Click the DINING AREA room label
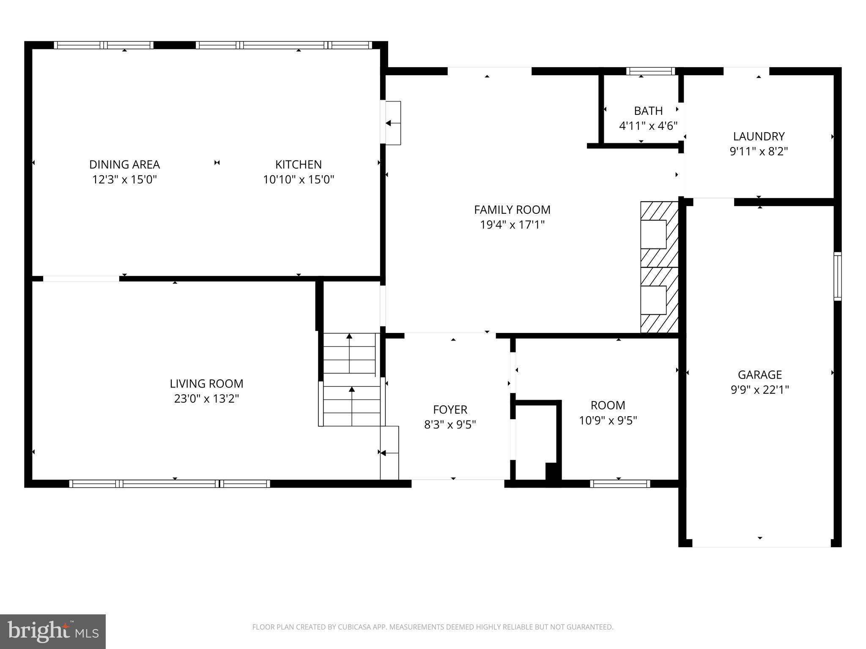[124, 164]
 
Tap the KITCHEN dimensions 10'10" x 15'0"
[299, 180]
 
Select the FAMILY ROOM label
[512, 210]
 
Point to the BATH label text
[648, 111]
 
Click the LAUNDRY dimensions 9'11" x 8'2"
[759, 151]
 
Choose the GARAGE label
[760, 374]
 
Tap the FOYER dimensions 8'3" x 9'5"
[450, 424]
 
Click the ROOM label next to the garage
[608, 405]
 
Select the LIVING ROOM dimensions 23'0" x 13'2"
[206, 398]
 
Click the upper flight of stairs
[349, 353]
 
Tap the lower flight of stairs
[352, 406]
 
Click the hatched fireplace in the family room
[659, 267]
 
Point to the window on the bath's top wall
[650, 71]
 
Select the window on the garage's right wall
[837, 276]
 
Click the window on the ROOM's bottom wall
[620, 483]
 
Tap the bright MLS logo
[52, 631]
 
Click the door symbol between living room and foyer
[389, 453]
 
